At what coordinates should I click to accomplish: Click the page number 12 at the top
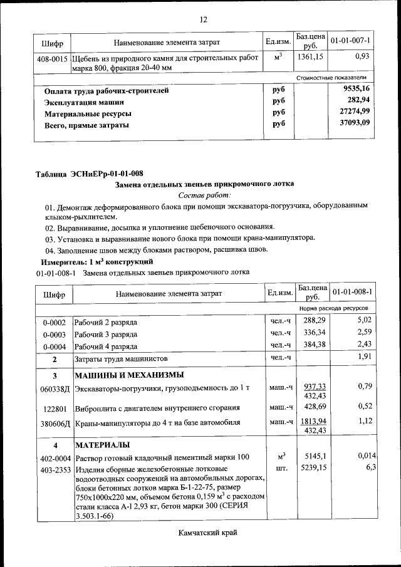pos(203,19)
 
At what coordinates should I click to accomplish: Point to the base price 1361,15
pos(310,57)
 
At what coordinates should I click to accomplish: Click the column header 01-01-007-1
pos(351,41)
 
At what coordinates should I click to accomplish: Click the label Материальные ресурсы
pos(88,113)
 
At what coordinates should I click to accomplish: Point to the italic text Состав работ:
pos(204,195)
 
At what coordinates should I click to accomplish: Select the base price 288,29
pos(310,321)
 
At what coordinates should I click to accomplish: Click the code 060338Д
pos(53,388)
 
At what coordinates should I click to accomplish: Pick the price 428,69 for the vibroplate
pos(310,407)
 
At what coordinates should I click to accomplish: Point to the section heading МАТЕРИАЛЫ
pos(102,445)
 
